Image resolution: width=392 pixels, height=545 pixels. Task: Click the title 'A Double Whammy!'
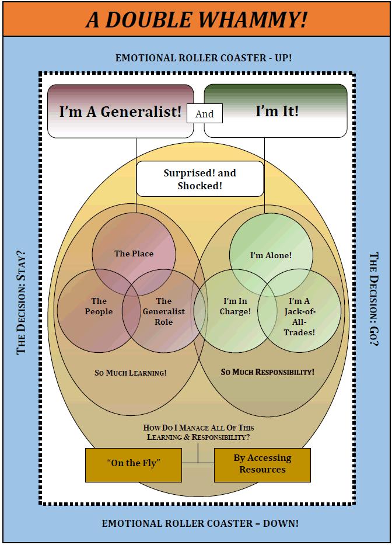(196, 19)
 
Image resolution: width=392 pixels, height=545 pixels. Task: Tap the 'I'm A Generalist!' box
(120, 111)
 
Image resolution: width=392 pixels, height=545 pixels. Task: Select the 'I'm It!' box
(276, 111)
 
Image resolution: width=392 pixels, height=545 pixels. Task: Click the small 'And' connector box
(204, 114)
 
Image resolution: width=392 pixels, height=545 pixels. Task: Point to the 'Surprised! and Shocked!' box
(199, 180)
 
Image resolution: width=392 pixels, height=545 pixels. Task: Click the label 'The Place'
(134, 254)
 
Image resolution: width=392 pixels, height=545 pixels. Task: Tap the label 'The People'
(99, 306)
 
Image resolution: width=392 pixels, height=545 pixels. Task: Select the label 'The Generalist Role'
(164, 311)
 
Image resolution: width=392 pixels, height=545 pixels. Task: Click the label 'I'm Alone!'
(271, 255)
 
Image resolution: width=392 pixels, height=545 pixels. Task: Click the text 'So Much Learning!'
(131, 372)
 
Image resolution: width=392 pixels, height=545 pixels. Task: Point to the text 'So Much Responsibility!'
(268, 372)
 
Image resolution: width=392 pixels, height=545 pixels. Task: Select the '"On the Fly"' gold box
(134, 463)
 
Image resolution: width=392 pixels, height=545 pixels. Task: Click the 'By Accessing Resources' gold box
(262, 464)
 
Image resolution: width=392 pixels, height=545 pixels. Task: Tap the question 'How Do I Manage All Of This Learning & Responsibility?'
(198, 432)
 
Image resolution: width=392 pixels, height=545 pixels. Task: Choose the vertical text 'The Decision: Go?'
(374, 299)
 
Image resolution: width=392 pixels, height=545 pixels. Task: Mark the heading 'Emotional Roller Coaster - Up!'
(203, 58)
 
